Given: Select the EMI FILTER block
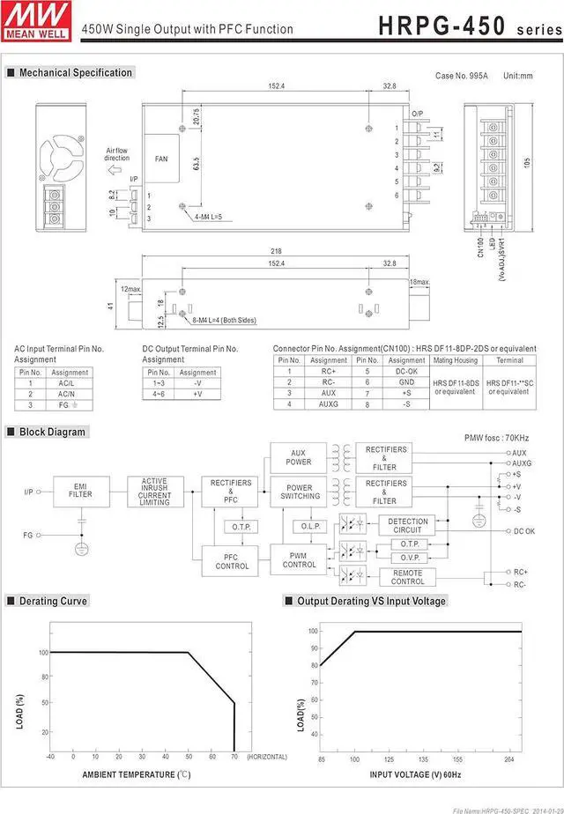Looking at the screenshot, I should [x=80, y=491].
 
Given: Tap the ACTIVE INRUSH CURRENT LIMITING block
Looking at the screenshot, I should [x=155, y=491].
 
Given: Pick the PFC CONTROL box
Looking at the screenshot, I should [x=232, y=561].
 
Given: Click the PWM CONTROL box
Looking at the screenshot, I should [x=299, y=559].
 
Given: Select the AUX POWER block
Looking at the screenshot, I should [x=299, y=457].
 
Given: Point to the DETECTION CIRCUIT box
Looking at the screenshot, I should [x=407, y=525].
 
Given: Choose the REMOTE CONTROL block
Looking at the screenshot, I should [x=407, y=577].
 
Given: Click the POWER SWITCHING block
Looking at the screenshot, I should [x=299, y=492].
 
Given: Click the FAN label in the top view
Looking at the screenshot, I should [x=161, y=159].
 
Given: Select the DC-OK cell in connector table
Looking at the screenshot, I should [x=406, y=371].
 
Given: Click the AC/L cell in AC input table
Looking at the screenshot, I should [x=66, y=383].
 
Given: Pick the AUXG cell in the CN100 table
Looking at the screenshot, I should [x=328, y=403].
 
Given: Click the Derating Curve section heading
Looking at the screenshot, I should [x=54, y=601].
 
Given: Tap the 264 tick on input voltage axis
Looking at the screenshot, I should [x=508, y=758].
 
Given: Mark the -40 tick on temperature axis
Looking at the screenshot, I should [x=50, y=757].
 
